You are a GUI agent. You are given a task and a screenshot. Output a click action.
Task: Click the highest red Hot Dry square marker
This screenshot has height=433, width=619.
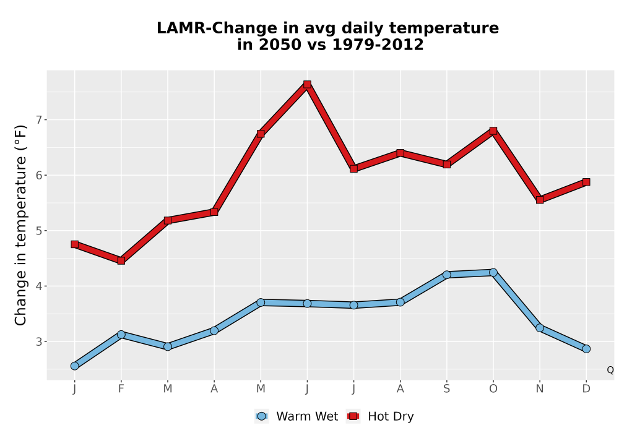click(x=307, y=84)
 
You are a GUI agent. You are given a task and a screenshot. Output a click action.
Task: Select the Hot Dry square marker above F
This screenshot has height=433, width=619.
click(x=121, y=260)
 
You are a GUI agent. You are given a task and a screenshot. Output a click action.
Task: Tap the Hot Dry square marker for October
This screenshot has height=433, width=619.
click(x=493, y=131)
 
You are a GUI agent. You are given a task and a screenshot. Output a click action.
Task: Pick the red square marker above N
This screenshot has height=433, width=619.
click(x=540, y=200)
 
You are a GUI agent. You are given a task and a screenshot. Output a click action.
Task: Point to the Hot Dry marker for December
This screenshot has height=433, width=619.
click(x=586, y=182)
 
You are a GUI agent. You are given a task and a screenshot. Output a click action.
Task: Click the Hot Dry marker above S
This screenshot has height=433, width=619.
click(x=446, y=164)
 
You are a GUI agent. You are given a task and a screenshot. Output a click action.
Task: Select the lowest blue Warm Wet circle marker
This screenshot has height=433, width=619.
click(x=75, y=366)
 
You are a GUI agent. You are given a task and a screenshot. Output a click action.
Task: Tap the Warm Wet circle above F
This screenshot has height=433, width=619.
click(x=121, y=335)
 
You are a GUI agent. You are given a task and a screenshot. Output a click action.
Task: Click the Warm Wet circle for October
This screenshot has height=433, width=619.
click(x=493, y=272)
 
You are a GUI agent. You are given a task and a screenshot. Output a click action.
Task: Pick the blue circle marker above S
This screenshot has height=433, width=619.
click(x=446, y=275)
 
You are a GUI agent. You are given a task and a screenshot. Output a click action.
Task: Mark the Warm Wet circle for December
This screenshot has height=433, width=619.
click(x=586, y=349)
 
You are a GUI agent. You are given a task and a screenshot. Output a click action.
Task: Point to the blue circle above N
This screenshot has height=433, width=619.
click(x=540, y=328)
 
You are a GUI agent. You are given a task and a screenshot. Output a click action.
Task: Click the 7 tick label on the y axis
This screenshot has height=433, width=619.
click(x=38, y=120)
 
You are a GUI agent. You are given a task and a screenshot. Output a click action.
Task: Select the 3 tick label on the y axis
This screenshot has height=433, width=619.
click(x=38, y=341)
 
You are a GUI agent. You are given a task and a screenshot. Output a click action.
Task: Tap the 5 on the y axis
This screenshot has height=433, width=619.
click(x=38, y=231)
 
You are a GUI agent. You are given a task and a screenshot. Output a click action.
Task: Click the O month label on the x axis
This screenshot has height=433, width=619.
click(x=493, y=389)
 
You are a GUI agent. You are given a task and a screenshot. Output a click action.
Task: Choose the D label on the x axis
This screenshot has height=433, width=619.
click(x=586, y=389)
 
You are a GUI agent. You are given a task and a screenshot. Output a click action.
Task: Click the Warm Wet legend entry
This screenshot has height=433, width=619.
click(x=297, y=416)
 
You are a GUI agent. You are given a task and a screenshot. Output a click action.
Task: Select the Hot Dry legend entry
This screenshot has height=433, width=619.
click(x=380, y=416)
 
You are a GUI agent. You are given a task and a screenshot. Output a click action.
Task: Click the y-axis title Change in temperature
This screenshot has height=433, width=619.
click(x=20, y=225)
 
